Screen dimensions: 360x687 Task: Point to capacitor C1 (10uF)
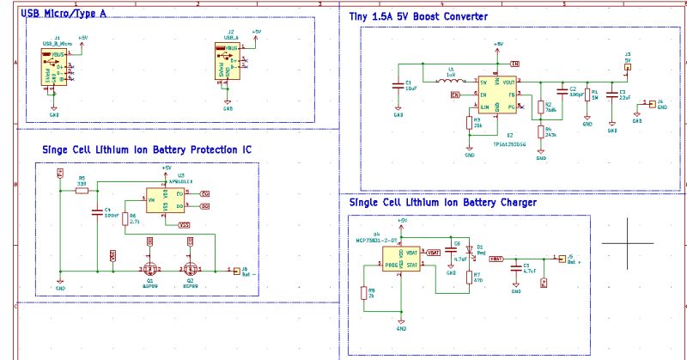click(398, 84)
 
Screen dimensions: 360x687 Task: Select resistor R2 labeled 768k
click(541, 108)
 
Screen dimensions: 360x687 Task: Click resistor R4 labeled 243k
click(541, 132)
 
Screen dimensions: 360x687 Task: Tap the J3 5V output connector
click(628, 65)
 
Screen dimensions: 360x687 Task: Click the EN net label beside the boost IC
click(456, 94)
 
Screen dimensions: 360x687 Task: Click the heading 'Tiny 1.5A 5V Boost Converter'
click(418, 17)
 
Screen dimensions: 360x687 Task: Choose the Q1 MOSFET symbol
click(151, 264)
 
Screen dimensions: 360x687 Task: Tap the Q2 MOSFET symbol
click(189, 264)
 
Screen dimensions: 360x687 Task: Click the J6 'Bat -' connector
click(238, 271)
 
